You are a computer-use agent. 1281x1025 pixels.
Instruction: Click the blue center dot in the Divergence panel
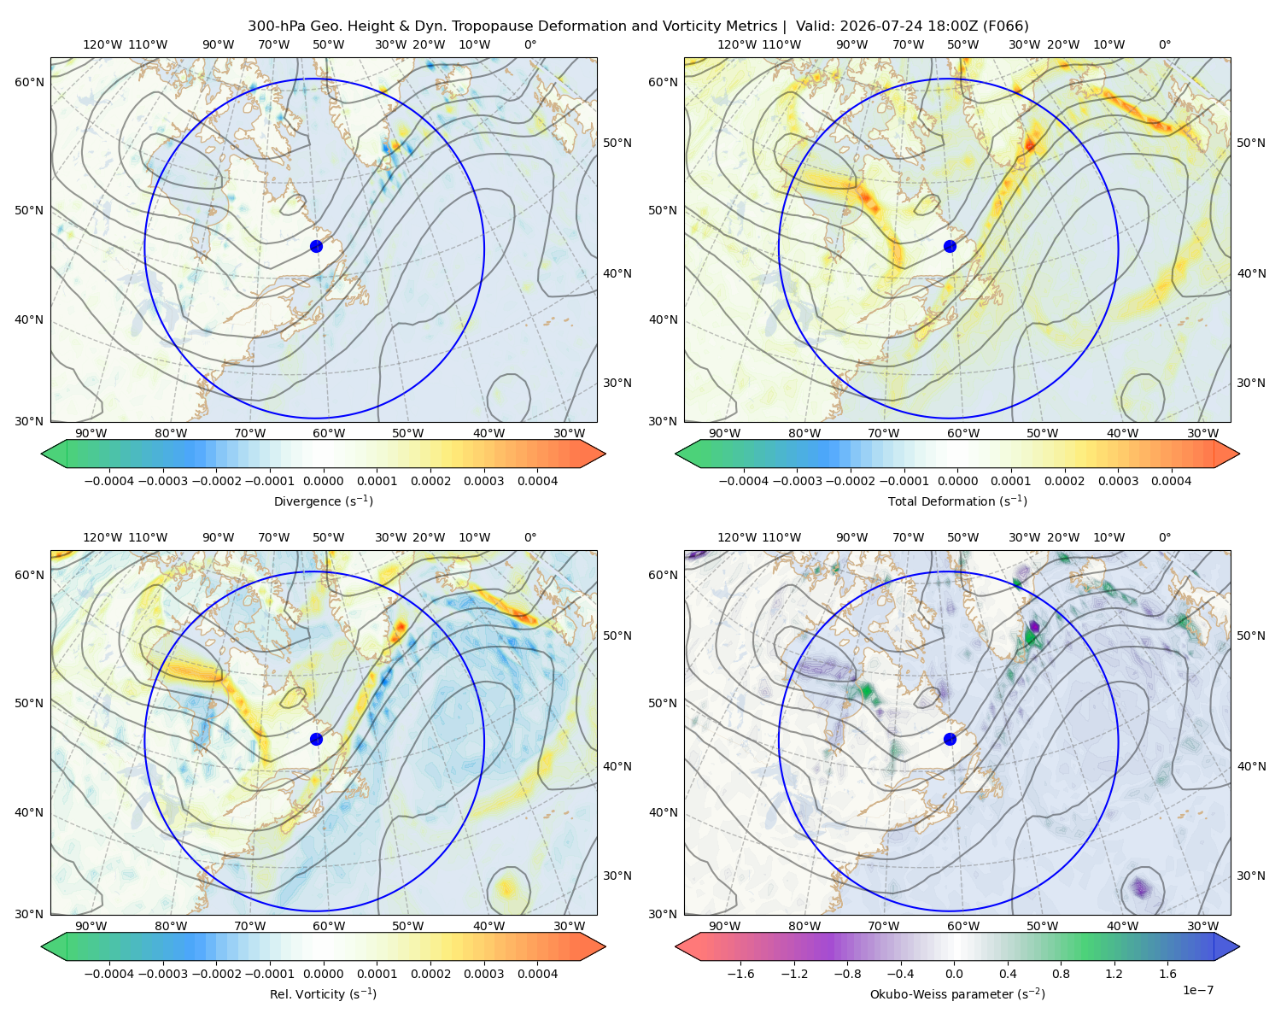pyautogui.click(x=316, y=246)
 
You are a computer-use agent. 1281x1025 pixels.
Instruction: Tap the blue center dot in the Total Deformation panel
pyautogui.click(x=950, y=246)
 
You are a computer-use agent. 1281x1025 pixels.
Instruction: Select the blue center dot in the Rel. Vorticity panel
pyautogui.click(x=316, y=739)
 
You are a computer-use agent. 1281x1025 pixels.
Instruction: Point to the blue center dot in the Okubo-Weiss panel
pyautogui.click(x=950, y=739)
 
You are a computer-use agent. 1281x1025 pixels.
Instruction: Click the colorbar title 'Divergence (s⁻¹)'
pyautogui.click(x=323, y=501)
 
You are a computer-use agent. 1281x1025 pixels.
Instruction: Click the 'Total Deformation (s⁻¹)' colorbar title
pyautogui.click(x=957, y=501)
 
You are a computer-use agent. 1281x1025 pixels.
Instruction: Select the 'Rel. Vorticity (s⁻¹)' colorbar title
pyautogui.click(x=323, y=993)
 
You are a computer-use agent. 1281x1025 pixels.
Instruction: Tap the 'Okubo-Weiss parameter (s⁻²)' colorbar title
pyautogui.click(x=957, y=993)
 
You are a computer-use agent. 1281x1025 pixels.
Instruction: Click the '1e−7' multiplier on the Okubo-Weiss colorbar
pyautogui.click(x=1197, y=990)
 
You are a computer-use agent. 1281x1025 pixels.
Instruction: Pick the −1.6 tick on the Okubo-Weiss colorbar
pyautogui.click(x=740, y=973)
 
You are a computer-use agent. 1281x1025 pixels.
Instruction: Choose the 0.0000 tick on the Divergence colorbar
pyautogui.click(x=323, y=481)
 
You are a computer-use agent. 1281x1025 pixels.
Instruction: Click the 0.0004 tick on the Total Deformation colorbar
pyautogui.click(x=1171, y=481)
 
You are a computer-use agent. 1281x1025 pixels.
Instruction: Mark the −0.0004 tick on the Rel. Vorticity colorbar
pyautogui.click(x=109, y=973)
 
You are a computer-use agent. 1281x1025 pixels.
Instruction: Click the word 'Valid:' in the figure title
pyautogui.click(x=816, y=26)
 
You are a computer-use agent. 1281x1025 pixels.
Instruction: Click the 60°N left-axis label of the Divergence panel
pyautogui.click(x=29, y=82)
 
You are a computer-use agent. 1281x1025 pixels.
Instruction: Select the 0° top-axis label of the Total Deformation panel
pyautogui.click(x=1164, y=44)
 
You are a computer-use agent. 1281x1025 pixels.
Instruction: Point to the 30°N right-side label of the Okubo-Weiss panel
pyautogui.click(x=1251, y=875)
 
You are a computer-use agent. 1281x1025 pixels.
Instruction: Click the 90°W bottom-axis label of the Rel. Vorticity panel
pyautogui.click(x=91, y=926)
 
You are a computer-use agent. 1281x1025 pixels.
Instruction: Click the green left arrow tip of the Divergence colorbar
pyautogui.click(x=42, y=454)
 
